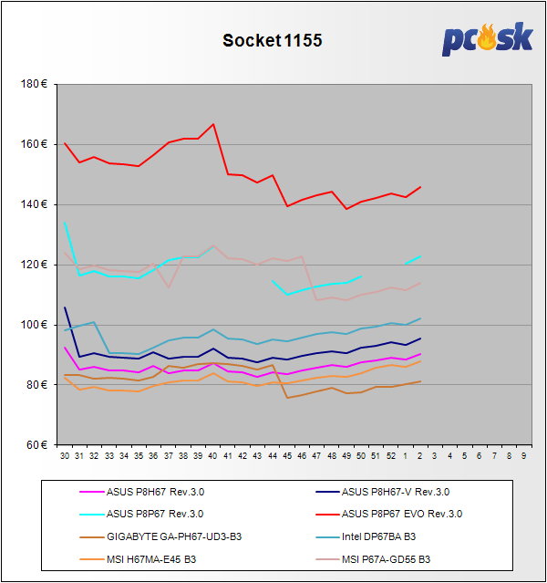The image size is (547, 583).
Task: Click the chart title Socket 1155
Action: (273, 41)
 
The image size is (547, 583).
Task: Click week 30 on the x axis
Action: (65, 454)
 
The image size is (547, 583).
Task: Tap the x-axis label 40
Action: (212, 454)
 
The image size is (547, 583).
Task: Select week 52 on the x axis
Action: (390, 454)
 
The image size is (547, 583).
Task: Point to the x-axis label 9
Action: (523, 454)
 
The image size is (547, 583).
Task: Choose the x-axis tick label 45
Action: (286, 454)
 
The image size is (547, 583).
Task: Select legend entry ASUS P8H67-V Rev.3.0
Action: (397, 493)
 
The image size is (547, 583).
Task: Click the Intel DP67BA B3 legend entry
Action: (378, 536)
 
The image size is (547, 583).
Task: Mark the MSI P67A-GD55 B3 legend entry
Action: (387, 558)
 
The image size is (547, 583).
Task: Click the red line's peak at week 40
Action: (212, 124)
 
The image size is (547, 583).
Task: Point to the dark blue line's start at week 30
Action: (65, 308)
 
